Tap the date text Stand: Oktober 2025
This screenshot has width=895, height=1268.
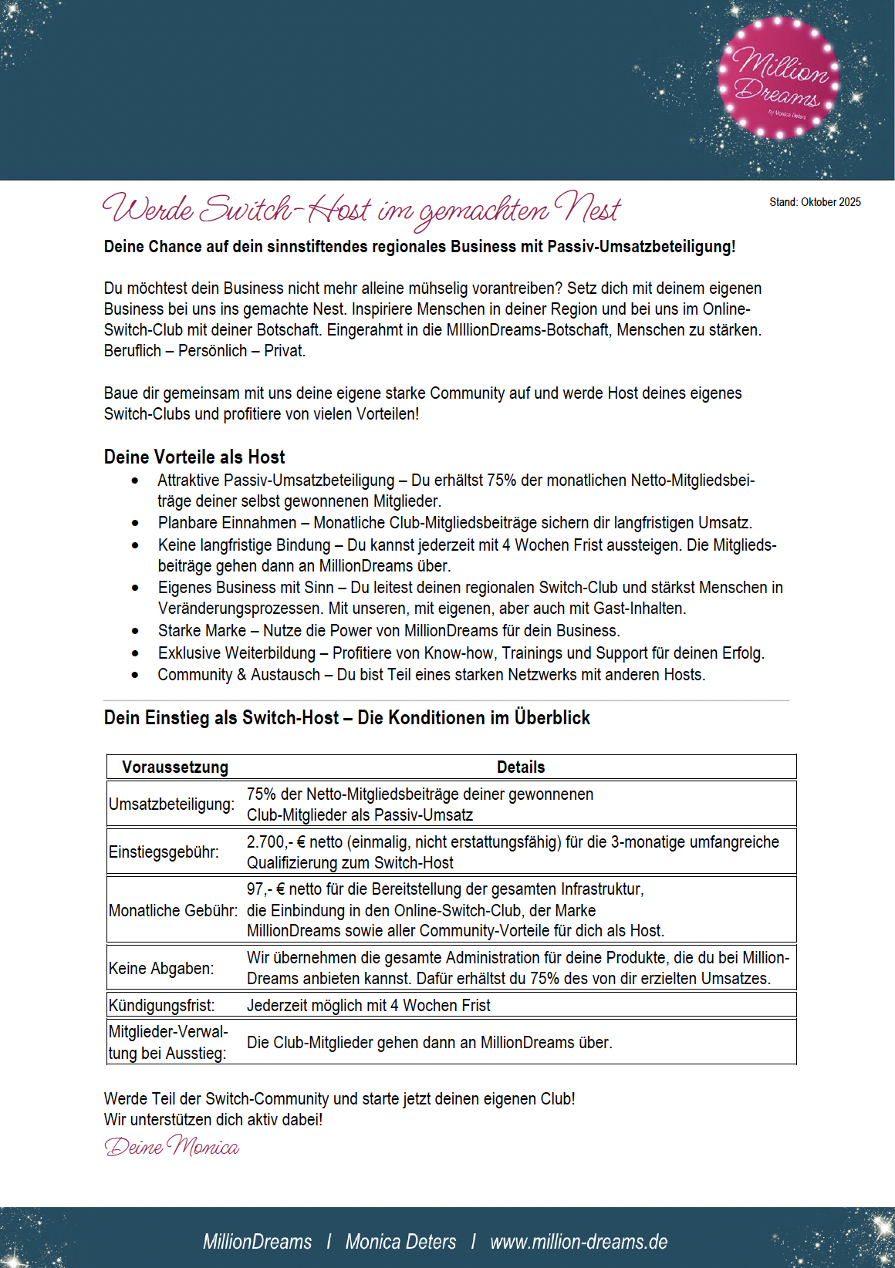coord(815,202)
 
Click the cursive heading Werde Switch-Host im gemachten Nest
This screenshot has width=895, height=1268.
coord(361,209)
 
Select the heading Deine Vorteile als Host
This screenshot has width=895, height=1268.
coord(194,457)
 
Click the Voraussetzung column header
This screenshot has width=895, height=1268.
coord(175,767)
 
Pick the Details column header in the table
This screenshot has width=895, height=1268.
coord(521,767)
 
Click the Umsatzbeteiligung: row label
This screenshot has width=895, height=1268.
coord(171,804)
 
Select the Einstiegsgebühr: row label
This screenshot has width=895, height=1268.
coord(164,852)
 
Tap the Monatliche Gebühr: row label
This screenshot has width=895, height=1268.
coord(173,910)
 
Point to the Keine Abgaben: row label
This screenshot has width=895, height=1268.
coord(161,968)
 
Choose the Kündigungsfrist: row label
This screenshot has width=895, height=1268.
coord(162,1005)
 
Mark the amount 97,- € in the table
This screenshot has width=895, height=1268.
coord(265,889)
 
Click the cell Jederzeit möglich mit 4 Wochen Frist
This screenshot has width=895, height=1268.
coord(368,1005)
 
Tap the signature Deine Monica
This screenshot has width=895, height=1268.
coord(171,1145)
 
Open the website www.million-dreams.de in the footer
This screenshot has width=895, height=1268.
coord(579,1242)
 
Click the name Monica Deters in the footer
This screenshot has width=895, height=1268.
coord(400,1242)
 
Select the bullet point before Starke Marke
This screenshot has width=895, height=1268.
coord(136,631)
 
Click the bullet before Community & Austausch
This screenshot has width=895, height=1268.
coord(136,675)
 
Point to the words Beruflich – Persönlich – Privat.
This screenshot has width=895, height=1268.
coord(204,350)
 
